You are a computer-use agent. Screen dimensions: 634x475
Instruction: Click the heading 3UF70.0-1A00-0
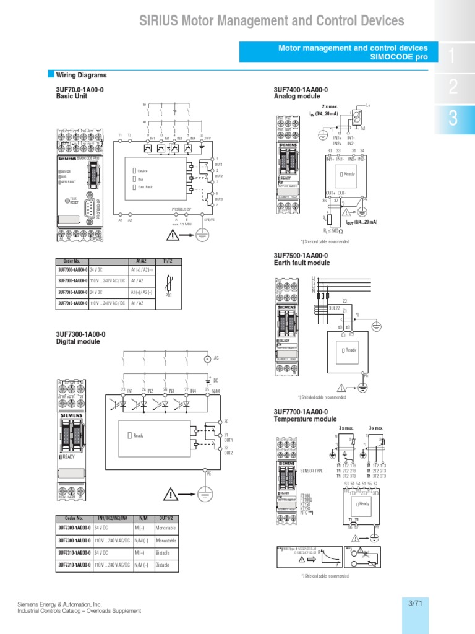(80, 90)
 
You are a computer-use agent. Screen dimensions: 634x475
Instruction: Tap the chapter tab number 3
(453, 119)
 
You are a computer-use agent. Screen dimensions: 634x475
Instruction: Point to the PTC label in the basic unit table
(168, 295)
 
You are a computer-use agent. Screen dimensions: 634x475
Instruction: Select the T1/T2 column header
(168, 261)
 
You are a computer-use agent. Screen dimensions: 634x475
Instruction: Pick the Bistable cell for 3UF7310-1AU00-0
(163, 565)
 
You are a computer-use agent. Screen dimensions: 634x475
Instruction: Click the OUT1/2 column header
(166, 518)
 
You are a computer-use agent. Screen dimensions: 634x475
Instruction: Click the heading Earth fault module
(302, 263)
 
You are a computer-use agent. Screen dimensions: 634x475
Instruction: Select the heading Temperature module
(305, 419)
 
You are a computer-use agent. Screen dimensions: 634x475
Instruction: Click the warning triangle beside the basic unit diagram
(171, 235)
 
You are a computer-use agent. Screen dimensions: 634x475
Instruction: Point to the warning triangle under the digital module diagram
(171, 493)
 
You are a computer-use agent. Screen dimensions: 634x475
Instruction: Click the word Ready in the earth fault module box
(351, 350)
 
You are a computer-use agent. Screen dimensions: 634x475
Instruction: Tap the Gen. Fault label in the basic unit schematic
(145, 187)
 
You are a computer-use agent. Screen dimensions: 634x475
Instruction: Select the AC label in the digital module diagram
(216, 358)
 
